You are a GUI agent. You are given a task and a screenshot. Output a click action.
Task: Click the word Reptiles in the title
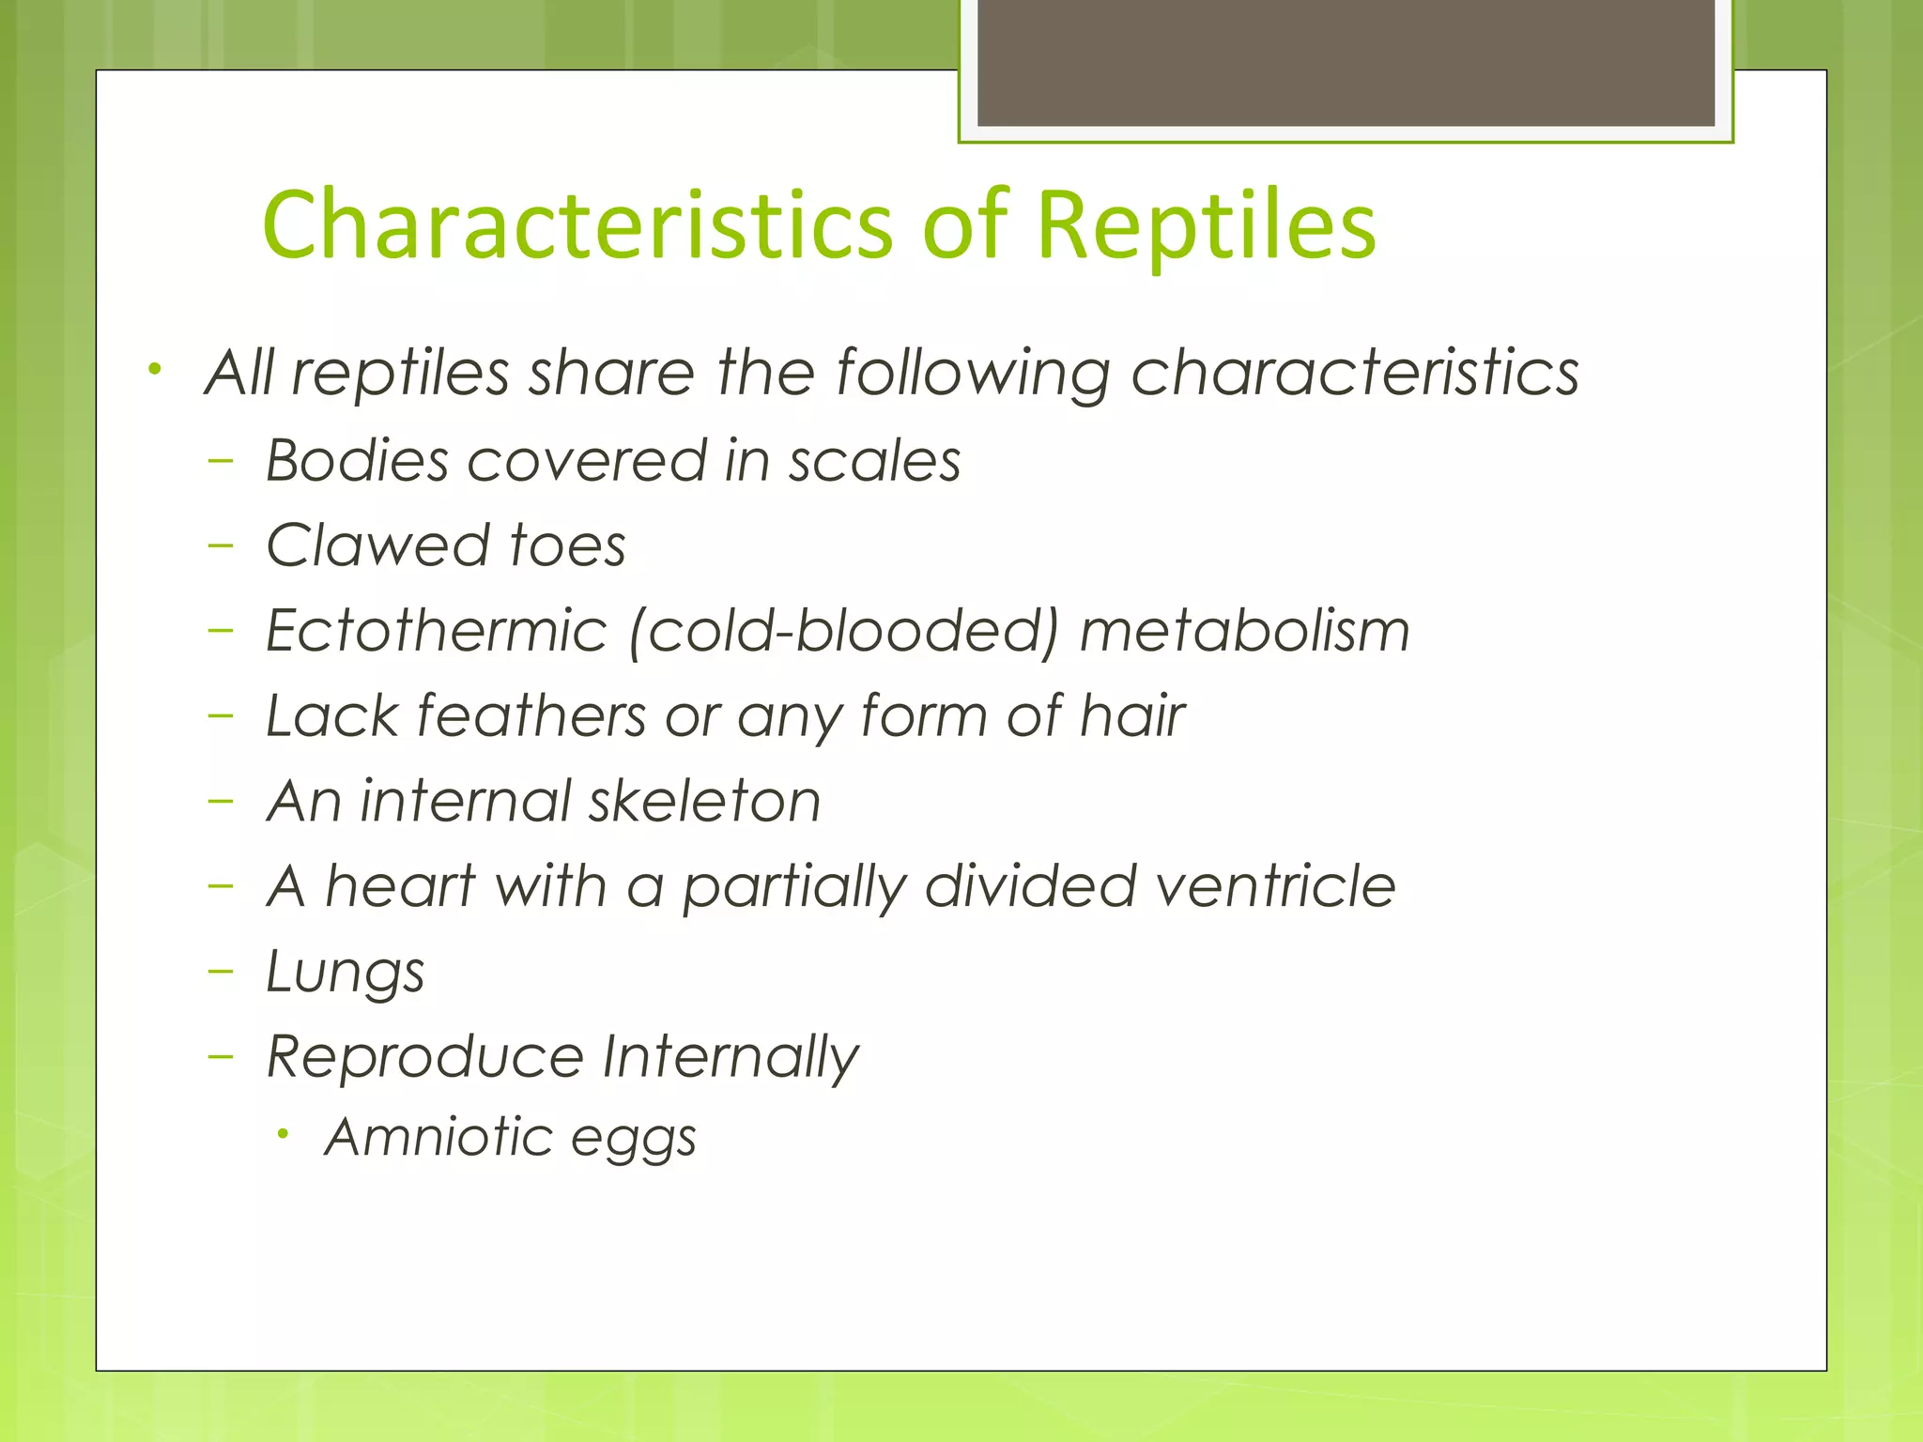coord(1206,225)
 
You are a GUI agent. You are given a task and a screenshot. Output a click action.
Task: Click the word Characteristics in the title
coord(577,225)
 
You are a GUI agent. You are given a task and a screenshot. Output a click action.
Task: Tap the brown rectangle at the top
coord(1346,62)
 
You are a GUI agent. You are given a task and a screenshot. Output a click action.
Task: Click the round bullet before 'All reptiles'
coord(155,368)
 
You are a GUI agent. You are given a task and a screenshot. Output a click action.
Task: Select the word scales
coord(874,461)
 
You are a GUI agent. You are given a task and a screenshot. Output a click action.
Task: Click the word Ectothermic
coord(437,630)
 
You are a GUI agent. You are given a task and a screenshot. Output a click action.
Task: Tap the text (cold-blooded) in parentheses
coord(842,632)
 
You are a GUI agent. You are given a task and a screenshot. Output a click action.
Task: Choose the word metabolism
coord(1244,630)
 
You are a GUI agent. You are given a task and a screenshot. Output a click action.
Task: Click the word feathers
coord(531,716)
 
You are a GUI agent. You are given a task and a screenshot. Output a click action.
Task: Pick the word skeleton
coord(704,802)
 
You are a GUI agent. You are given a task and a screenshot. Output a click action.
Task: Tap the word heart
coord(400,886)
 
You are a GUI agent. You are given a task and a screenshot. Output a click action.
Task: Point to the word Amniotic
coord(438,1138)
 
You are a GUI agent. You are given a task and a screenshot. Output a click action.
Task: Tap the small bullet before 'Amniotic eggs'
coord(283,1135)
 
